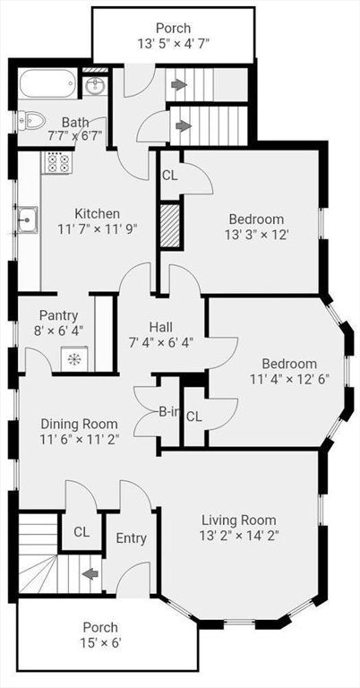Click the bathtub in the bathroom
point(47,83)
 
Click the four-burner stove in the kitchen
point(57,162)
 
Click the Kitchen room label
point(97,214)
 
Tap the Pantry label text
point(58,315)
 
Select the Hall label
point(160,327)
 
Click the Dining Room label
point(79,424)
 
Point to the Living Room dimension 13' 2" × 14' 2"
point(239,535)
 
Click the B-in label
point(169,411)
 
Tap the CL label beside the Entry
point(81,532)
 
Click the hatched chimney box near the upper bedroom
point(170,225)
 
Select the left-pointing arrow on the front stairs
point(90,574)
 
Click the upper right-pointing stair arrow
point(179,84)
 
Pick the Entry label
point(131,537)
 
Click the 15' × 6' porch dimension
point(100,643)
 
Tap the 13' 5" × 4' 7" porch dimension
point(174,43)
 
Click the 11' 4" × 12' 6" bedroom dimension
point(289,378)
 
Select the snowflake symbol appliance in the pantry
point(73,358)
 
